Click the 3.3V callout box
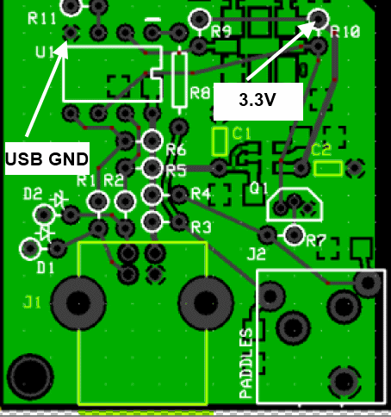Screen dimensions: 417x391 click(257, 101)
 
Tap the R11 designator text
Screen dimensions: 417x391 click(42, 17)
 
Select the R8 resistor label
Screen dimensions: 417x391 click(201, 92)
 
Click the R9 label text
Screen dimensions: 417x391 click(221, 32)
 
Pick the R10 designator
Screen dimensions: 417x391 click(344, 32)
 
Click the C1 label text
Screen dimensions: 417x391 click(241, 133)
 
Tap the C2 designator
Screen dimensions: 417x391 click(321, 149)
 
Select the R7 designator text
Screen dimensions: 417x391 click(316, 240)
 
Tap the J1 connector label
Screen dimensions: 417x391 click(32, 302)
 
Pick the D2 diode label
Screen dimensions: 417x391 click(33, 193)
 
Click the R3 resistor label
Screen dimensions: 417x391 click(201, 227)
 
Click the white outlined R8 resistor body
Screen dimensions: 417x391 click(179, 79)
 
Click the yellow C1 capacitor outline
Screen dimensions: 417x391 click(220, 138)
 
